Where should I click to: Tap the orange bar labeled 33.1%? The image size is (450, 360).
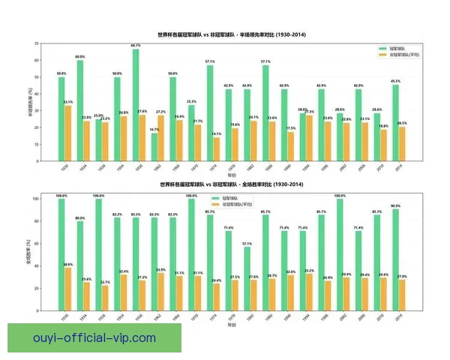tap(68, 132)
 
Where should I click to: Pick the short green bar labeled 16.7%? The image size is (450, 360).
tap(154, 145)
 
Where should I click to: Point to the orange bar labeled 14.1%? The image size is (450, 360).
tap(217, 148)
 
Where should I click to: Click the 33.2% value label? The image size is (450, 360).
tap(309, 270)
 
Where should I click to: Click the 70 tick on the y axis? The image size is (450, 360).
tap(37, 43)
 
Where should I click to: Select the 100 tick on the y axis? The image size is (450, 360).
tap(34, 199)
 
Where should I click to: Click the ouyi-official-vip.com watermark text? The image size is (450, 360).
tap(94, 337)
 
